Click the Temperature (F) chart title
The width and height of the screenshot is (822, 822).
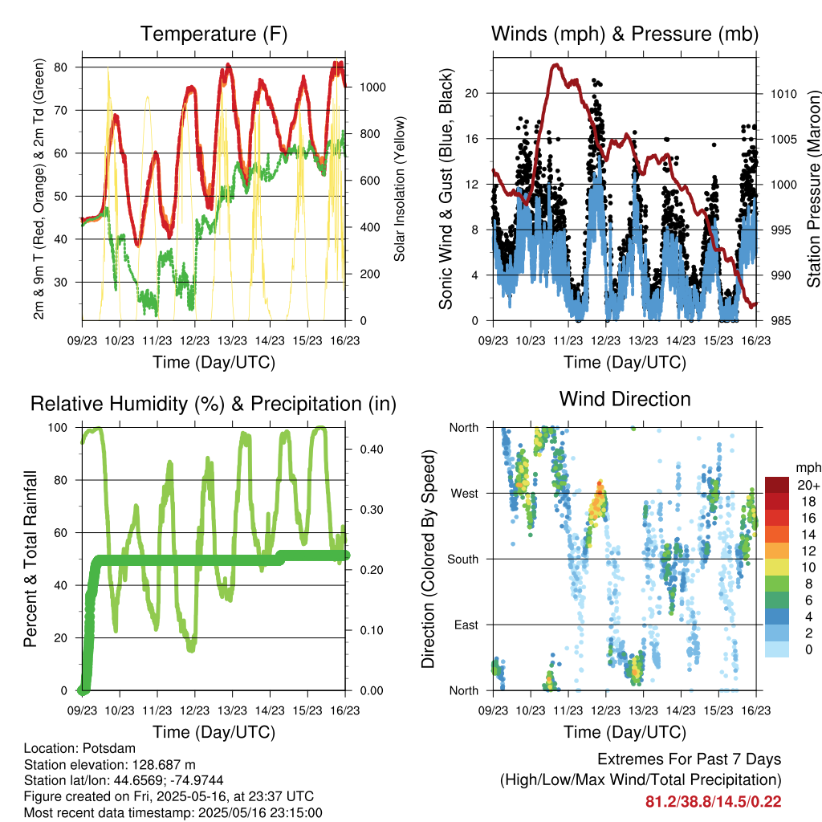coord(214,35)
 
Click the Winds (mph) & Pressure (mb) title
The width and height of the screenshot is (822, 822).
coord(625,35)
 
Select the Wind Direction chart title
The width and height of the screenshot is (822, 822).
coord(625,399)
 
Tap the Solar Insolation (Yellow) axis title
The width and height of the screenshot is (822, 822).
coord(399,189)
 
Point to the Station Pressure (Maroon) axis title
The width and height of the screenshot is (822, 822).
coord(812,189)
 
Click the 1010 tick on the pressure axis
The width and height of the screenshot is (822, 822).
coord(783,94)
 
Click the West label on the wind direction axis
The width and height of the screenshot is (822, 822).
coord(464,493)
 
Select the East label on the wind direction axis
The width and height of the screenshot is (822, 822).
coord(466,625)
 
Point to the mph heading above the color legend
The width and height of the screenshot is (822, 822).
coord(806,467)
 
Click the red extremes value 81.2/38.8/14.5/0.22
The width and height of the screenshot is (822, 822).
coord(713,801)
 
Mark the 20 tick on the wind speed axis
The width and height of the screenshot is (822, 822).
coord(472,93)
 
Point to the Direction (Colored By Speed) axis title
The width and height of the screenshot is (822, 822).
coord(429,559)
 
